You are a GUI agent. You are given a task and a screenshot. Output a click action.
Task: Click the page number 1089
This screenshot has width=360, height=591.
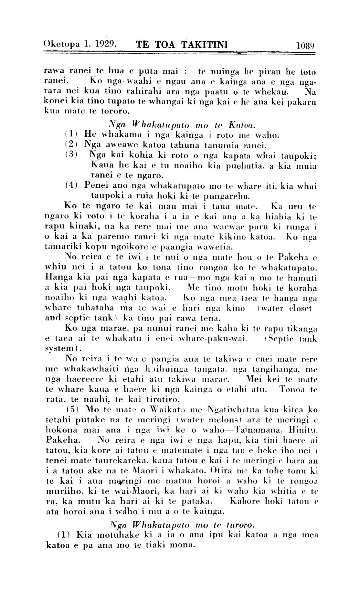coord(305,45)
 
